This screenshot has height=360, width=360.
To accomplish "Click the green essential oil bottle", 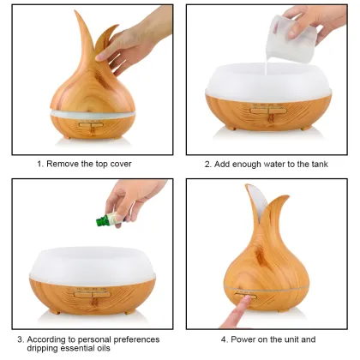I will (x=105, y=219).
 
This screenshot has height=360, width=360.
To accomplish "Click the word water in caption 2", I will (x=279, y=163).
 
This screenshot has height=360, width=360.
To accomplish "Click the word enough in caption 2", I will (x=246, y=163).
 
